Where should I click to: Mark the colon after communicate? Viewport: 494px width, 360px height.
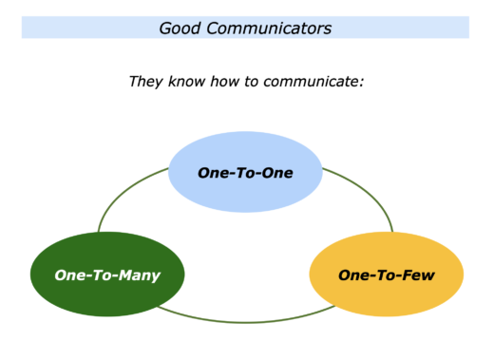tap(363, 83)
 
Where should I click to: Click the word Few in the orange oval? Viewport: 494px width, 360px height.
tap(419, 275)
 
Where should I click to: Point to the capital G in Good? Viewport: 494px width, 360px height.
tap(166, 28)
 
